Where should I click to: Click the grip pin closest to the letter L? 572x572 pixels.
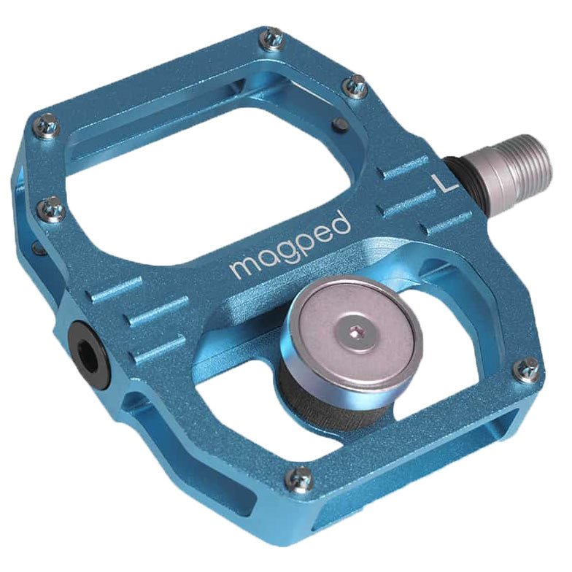[355, 86]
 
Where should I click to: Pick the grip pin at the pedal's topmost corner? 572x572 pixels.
[273, 38]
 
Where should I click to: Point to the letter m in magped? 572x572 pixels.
[241, 267]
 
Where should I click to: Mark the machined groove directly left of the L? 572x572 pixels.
[405, 169]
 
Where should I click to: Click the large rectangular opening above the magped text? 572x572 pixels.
[219, 182]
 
